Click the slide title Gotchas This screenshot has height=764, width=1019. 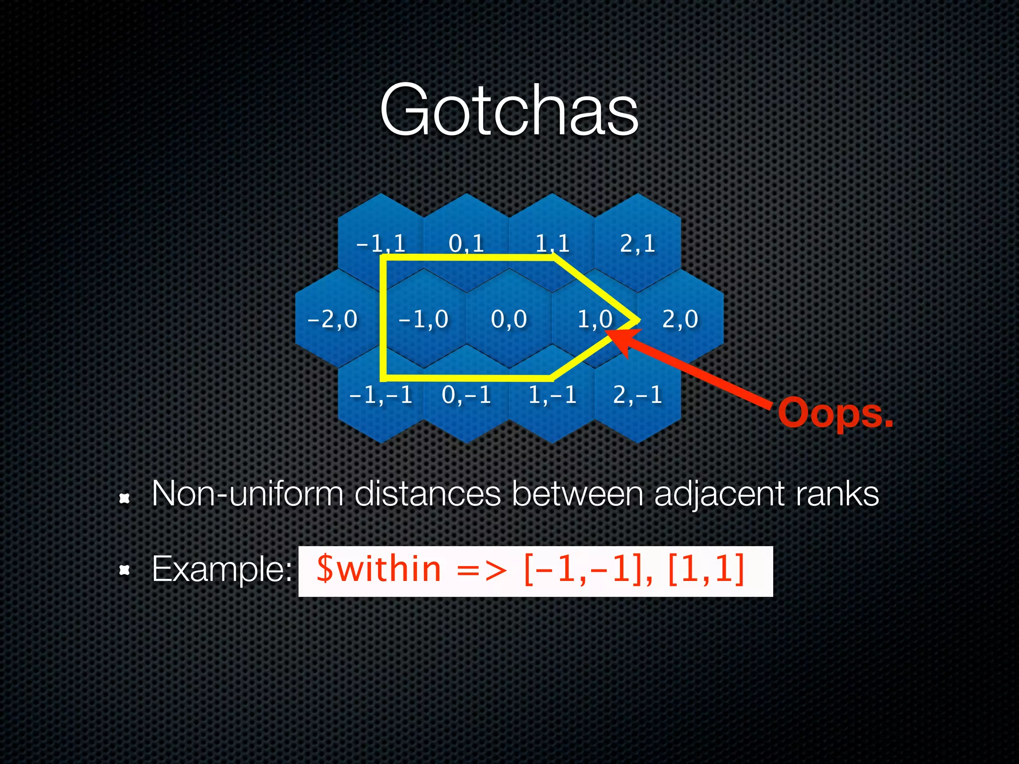509,110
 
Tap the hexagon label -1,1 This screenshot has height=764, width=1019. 381,243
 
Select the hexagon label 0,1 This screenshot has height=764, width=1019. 466,243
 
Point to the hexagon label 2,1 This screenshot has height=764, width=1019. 637,243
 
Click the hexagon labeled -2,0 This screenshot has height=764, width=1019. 332,319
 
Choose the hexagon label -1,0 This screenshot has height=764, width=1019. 423,319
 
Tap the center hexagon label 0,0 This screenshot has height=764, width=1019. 509,319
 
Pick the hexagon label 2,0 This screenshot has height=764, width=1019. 680,319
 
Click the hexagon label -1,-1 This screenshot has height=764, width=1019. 381,395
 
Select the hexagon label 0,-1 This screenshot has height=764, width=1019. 466,395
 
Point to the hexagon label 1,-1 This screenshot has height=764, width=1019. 552,395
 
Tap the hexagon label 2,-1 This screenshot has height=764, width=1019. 637,395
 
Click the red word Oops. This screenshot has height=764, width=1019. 835,413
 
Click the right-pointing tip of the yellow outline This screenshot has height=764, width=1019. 636,321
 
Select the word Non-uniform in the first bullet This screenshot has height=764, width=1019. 247,494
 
